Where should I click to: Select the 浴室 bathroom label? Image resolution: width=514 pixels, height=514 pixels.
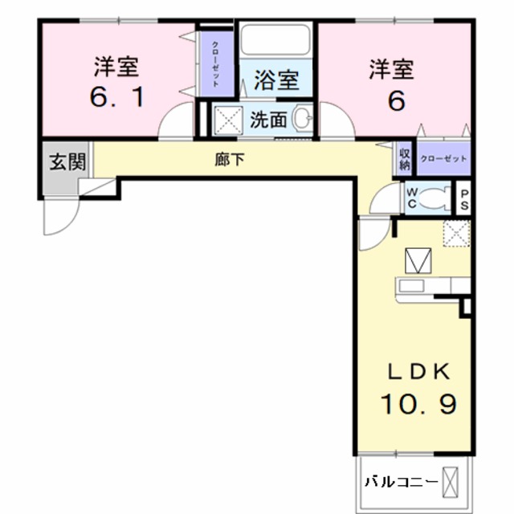(277, 80)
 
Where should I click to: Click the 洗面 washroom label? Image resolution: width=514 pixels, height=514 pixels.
(267, 120)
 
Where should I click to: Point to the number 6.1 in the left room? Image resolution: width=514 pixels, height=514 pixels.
(117, 98)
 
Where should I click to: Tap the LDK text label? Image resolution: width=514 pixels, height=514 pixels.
(413, 372)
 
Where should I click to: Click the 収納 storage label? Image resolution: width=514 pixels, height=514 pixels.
(404, 158)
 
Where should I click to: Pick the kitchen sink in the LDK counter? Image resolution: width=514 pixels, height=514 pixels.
(414, 286)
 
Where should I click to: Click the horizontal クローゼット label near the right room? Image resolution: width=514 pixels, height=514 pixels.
(443, 159)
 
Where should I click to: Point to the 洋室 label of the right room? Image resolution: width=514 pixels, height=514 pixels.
(391, 70)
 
